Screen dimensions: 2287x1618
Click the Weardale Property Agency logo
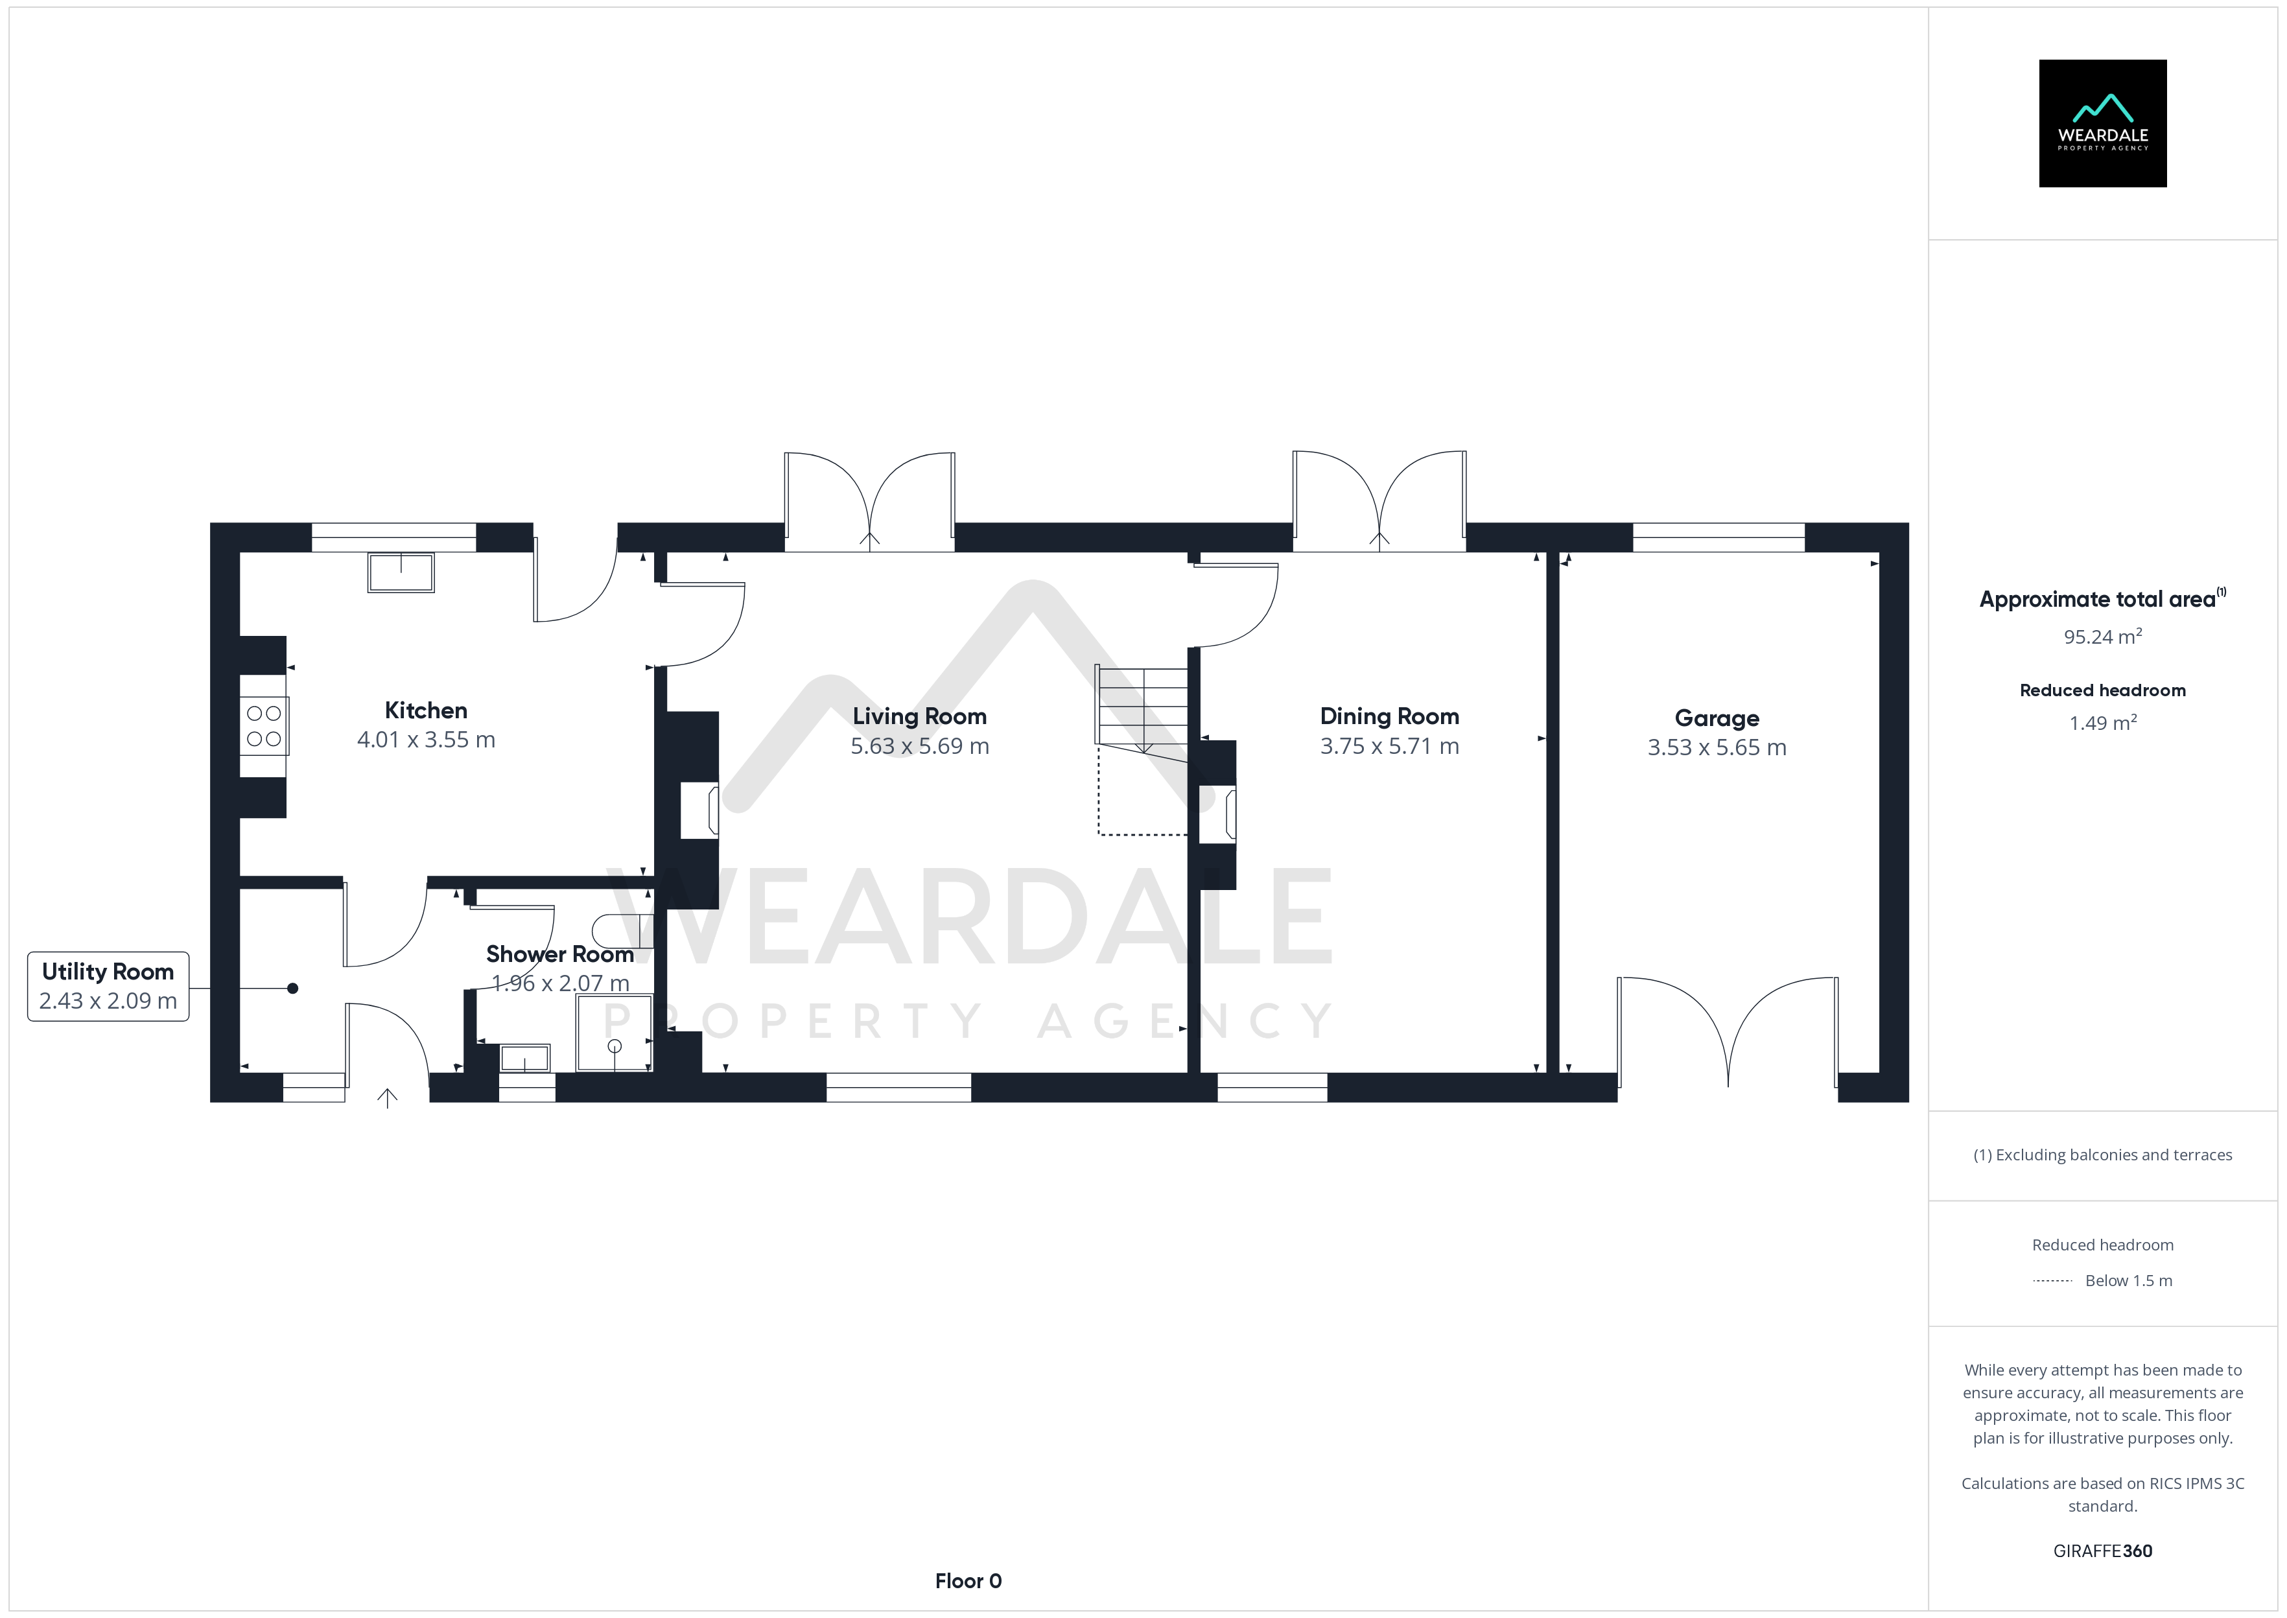[x=2103, y=124]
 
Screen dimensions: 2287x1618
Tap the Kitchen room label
[x=427, y=710]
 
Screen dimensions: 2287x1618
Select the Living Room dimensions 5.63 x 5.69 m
[x=919, y=746]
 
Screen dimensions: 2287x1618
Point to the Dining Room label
[x=1390, y=716]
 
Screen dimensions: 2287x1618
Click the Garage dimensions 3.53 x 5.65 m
[x=1717, y=747]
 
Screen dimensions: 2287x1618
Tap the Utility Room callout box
[x=108, y=987]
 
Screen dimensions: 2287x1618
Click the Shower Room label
[x=560, y=954]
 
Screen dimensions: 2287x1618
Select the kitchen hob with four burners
[x=264, y=725]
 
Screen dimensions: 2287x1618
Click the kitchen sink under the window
[x=401, y=573]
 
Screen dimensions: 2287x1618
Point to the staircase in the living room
[x=1142, y=707]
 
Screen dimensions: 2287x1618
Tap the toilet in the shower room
[x=622, y=931]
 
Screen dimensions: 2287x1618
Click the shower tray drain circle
[x=615, y=1046]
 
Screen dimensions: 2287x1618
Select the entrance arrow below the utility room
[x=388, y=1098]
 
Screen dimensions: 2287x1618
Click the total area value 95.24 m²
[x=2103, y=636]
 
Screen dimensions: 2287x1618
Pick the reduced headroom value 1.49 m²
[x=2103, y=722]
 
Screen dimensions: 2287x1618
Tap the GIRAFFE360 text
[x=2103, y=1551]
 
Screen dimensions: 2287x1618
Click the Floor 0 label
[x=968, y=1581]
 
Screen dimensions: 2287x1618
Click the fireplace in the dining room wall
[x=1218, y=814]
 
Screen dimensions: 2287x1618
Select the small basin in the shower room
[x=524, y=1057]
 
